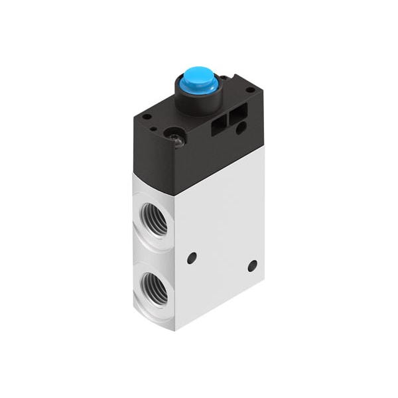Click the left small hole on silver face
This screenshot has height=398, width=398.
tap(192, 257)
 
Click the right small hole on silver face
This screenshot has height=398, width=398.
tap(252, 265)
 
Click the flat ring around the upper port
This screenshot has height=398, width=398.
tap(143, 209)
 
